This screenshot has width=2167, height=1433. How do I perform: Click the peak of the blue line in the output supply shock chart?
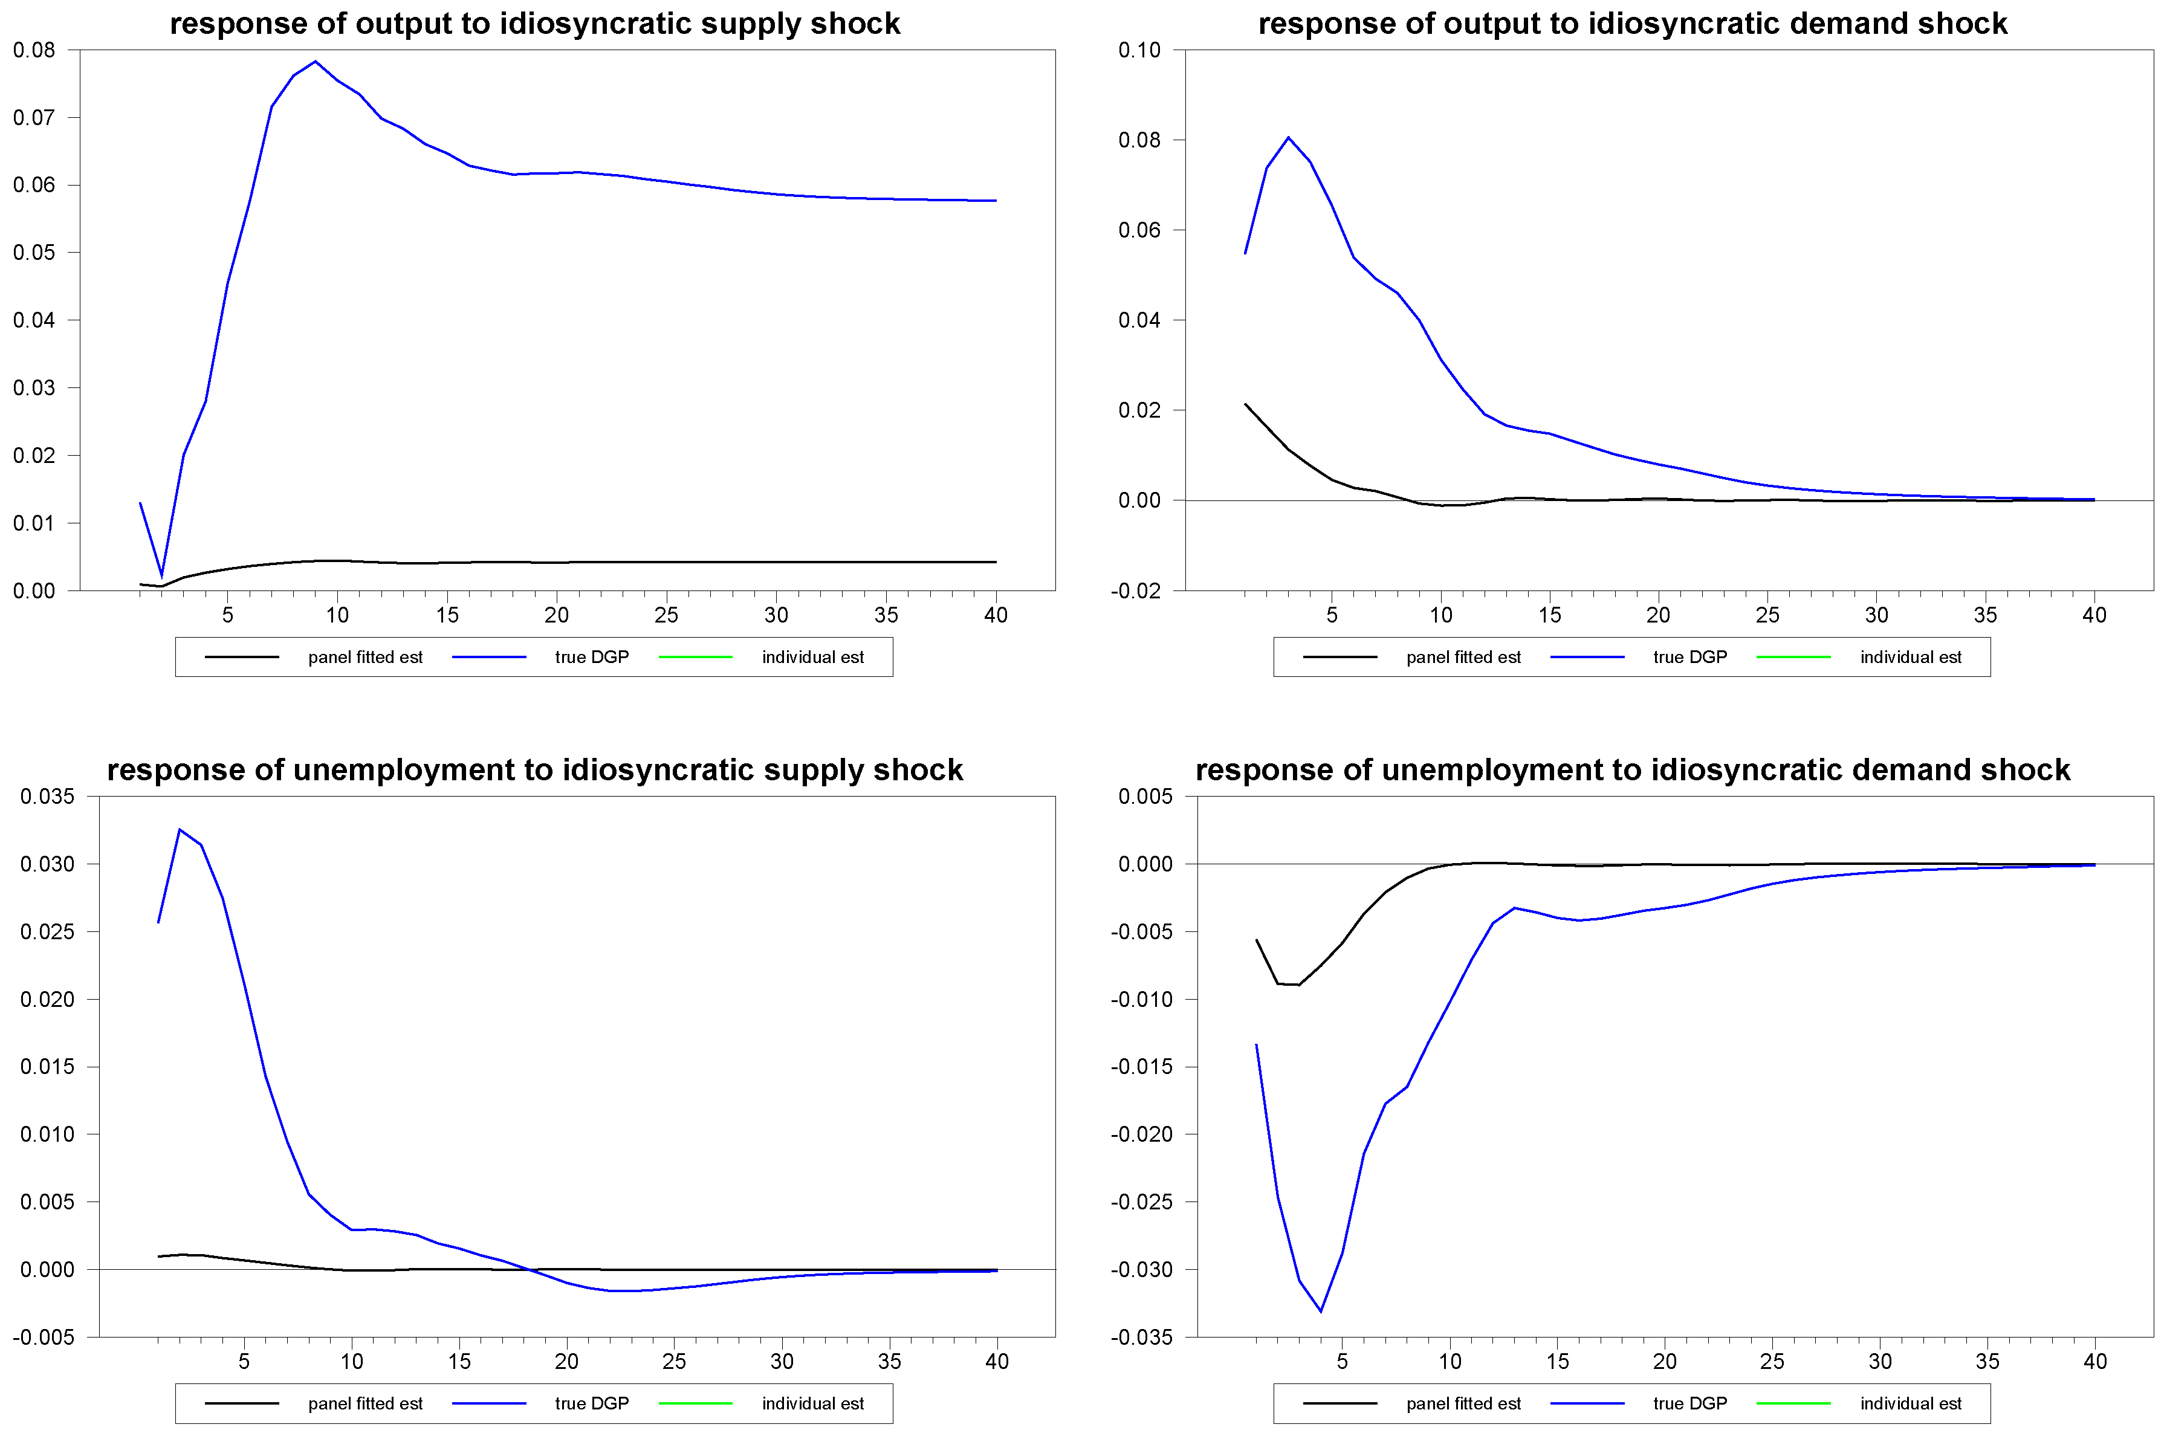tap(316, 61)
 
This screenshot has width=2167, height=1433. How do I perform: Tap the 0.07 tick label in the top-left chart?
tap(34, 118)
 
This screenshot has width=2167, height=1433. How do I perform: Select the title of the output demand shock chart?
tap(1632, 24)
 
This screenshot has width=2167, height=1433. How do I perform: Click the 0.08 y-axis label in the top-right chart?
tap(1139, 140)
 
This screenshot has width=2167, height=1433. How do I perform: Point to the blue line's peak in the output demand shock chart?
tap(1289, 138)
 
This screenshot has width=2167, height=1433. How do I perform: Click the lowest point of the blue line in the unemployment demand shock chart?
tap(1321, 1312)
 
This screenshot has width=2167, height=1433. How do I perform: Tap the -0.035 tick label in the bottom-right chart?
tap(1141, 1337)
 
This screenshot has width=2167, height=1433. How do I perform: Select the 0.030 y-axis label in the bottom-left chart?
tap(48, 864)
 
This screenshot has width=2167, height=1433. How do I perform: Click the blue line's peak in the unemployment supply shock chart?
tap(180, 830)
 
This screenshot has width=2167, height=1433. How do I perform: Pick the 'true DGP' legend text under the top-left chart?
tap(591, 657)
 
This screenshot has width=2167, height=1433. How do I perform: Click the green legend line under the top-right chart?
tap(1793, 657)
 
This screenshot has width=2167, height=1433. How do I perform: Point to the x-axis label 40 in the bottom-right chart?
tap(2095, 1362)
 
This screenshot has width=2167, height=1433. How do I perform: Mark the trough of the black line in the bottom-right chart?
tap(1298, 985)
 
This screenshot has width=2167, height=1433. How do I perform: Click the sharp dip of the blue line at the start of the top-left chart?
tap(162, 576)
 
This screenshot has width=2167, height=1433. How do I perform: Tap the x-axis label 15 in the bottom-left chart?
tap(459, 1362)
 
